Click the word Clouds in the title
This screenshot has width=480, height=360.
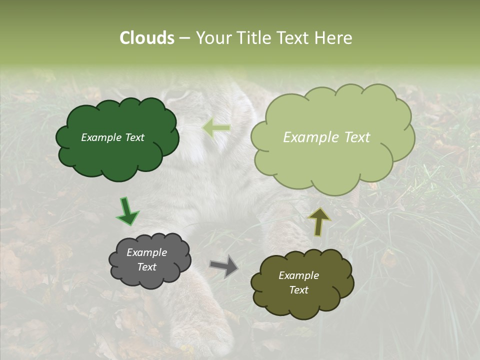tap(146, 38)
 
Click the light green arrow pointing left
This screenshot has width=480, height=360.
tap(216, 128)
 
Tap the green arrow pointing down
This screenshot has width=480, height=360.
tap(127, 212)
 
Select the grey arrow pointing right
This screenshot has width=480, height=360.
tap(223, 265)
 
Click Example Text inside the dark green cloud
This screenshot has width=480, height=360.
tap(112, 137)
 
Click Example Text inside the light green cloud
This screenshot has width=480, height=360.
tap(326, 137)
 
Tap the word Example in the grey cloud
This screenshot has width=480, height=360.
tap(146, 252)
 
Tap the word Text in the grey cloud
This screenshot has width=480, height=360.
tap(146, 267)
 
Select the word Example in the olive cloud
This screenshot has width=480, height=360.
tap(298, 275)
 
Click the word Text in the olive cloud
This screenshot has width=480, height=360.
tap(298, 290)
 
